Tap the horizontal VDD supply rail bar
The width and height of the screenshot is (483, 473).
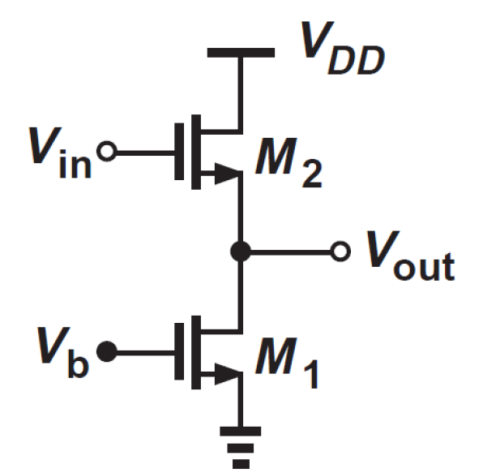click(x=241, y=54)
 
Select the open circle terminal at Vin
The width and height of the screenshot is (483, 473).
click(x=104, y=151)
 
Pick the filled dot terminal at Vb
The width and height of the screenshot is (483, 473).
click(x=105, y=351)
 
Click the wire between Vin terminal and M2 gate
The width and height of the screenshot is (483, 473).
click(x=141, y=151)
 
